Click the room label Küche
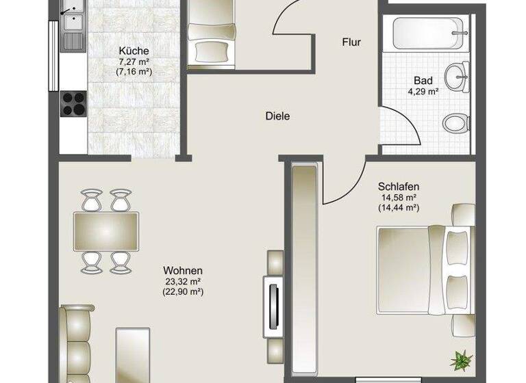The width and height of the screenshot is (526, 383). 134,51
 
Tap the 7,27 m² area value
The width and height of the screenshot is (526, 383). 134,61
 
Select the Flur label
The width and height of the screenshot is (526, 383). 351,42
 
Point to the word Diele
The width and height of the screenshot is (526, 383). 277,116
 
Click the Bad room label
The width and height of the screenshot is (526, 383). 423,79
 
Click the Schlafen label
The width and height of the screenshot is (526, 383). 399,187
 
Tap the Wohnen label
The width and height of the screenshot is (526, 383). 183,270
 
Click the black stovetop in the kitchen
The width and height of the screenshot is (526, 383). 73,103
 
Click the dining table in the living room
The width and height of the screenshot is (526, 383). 106,231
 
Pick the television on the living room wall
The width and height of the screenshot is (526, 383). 273,301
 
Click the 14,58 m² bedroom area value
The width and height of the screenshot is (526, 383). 401,198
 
